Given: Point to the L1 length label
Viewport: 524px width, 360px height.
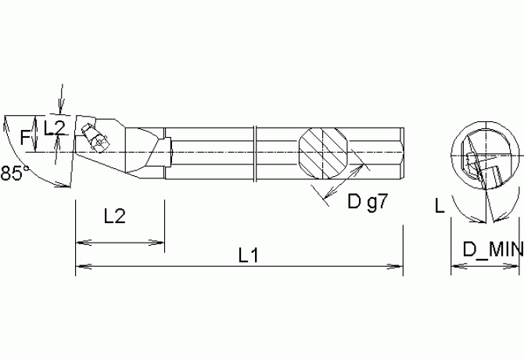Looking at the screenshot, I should (x=248, y=255).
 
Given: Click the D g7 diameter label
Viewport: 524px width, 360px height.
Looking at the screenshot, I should (x=367, y=203).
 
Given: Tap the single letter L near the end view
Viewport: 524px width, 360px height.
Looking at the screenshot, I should (x=441, y=207).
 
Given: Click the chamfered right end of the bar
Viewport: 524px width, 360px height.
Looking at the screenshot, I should (x=400, y=151).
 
